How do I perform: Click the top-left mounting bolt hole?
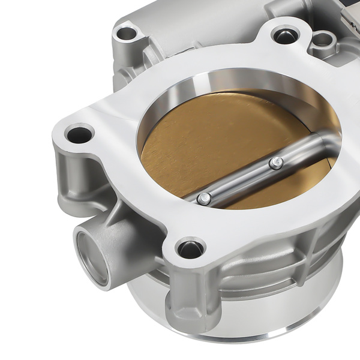pos(127,33)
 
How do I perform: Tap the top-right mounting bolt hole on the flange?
pos(282,35)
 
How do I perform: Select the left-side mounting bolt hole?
pos(78,134)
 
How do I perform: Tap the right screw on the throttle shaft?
pos(275,162)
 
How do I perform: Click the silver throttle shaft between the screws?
pos(240,179)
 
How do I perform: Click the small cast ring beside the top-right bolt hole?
pos(323,40)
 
